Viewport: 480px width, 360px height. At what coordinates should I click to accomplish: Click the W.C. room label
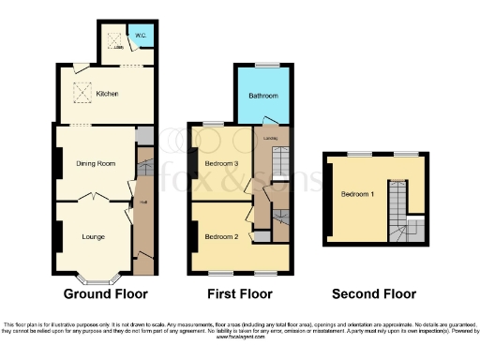[139, 37]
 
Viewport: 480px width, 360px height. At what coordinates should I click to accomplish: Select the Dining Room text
[96, 164]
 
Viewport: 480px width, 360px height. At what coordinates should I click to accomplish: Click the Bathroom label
[262, 96]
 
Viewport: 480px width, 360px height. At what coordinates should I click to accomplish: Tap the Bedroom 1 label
[356, 194]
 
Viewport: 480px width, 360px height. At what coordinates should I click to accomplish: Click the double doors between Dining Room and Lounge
[93, 198]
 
